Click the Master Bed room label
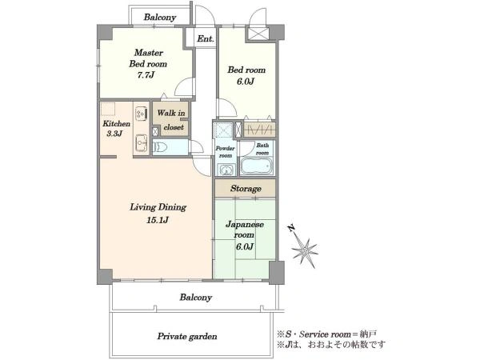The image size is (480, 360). [x=148, y=58]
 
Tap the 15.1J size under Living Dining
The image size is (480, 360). [x=158, y=220]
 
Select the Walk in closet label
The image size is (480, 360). [x=171, y=120]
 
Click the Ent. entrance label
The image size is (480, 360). [x=206, y=39]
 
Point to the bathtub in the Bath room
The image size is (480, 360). [x=257, y=166]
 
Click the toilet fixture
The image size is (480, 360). [x=160, y=147]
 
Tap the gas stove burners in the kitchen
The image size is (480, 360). [x=141, y=112]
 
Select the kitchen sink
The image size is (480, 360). [x=141, y=142]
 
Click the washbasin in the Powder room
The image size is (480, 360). [x=226, y=170]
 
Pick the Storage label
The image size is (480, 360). [x=246, y=189]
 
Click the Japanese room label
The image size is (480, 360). [x=245, y=230]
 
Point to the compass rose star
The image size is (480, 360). [x=305, y=251]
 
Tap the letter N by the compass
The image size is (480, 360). [x=291, y=228]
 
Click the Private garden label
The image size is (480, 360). [x=187, y=337]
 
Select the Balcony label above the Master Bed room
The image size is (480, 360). [x=160, y=18]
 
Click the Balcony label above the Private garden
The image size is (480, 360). [x=196, y=298]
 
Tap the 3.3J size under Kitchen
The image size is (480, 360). [x=114, y=134]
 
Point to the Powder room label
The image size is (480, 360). [x=226, y=152]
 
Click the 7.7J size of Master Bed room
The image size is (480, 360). [x=146, y=75]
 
